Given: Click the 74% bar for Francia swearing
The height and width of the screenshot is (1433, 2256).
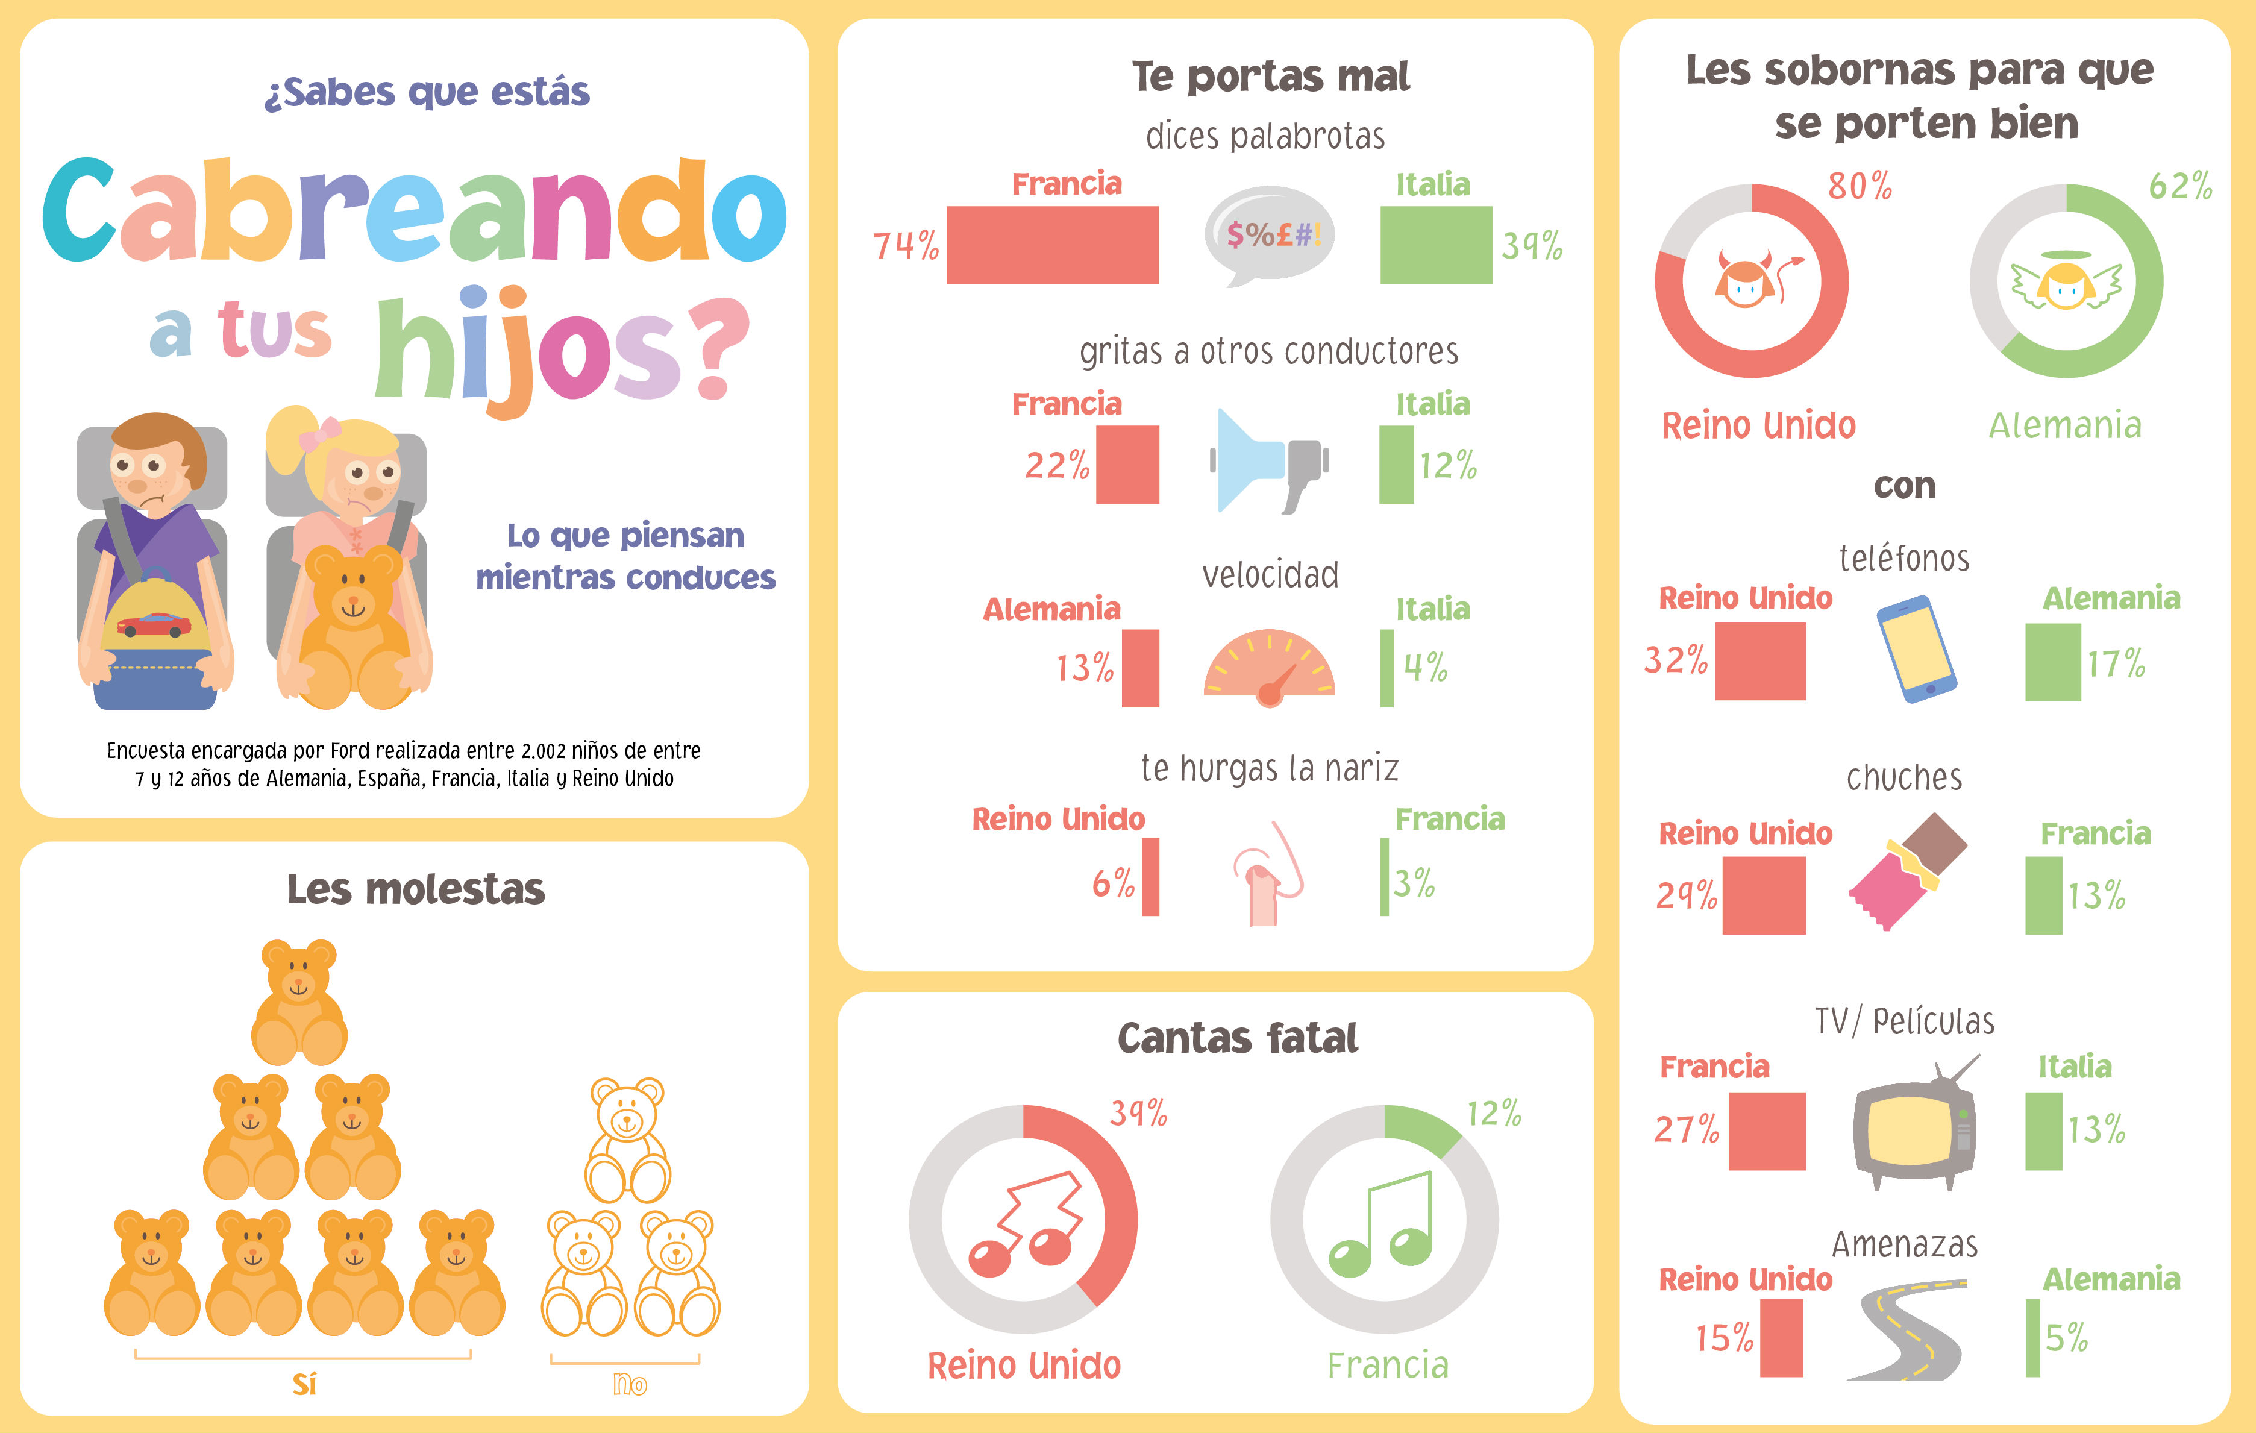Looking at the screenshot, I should pos(1052,245).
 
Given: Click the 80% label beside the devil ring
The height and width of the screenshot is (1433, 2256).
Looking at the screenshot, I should pos(1860,186).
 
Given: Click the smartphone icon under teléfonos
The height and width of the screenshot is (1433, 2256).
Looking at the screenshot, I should pos(1916,648).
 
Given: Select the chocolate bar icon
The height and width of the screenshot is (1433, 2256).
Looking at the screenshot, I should pos(1907,871).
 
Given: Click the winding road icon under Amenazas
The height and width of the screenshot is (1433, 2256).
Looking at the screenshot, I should pos(1907,1330).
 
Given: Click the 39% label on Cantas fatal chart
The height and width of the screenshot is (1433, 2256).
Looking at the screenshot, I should pos(1138,1114).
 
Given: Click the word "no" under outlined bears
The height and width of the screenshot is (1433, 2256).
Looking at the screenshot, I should pos(630,1384).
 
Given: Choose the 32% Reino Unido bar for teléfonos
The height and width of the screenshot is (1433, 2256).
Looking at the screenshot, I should pos(1759,660).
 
